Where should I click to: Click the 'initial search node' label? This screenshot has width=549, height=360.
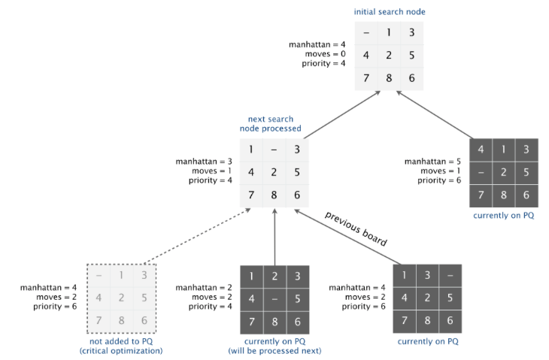[x=390, y=12]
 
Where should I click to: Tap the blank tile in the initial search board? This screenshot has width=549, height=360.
[x=366, y=32]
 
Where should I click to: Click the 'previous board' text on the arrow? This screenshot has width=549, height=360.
[x=356, y=228]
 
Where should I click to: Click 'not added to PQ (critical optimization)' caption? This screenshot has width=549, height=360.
[x=120, y=346]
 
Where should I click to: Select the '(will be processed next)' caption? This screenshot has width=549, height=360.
[x=274, y=350]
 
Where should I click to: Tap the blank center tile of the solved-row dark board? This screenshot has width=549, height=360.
[x=274, y=300]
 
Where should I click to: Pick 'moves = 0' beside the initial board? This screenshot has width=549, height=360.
[x=326, y=54]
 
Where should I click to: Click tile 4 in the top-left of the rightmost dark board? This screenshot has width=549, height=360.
[x=481, y=150]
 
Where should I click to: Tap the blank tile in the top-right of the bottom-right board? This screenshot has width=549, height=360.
[x=450, y=276]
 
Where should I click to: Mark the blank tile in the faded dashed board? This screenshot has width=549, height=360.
[x=99, y=276]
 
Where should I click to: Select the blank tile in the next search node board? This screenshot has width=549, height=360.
[x=274, y=150]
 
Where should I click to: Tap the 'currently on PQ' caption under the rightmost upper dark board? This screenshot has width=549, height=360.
[x=503, y=216]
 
